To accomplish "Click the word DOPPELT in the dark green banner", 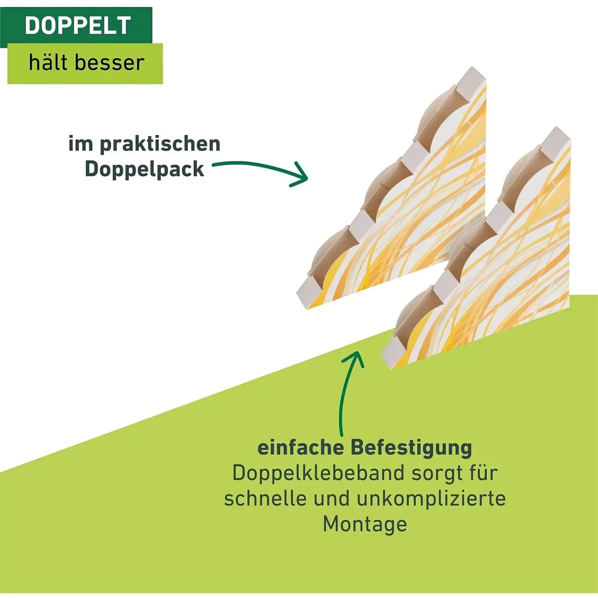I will [78, 26].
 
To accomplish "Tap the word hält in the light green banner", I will [47, 63].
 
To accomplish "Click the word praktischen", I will [160, 144].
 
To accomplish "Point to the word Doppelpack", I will [144, 169].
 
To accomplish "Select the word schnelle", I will [265, 498].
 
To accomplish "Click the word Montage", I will [365, 524].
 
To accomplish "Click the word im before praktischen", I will [81, 144].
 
